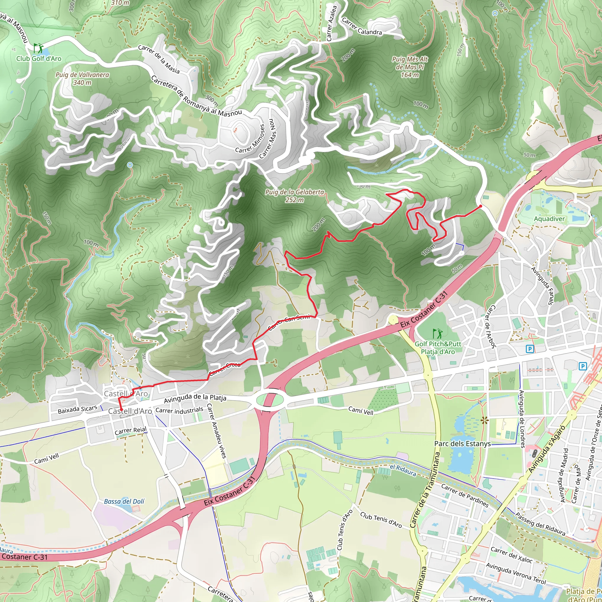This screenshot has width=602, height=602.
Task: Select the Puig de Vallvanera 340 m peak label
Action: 82,78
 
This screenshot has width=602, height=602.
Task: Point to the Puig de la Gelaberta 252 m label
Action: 295,196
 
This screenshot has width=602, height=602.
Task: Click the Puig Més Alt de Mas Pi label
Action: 410,67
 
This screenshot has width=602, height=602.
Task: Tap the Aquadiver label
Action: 549,219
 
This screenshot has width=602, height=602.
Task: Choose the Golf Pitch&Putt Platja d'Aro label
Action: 438,348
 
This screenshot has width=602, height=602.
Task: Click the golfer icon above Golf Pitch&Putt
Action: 438,334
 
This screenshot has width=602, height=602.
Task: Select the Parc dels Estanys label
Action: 462,444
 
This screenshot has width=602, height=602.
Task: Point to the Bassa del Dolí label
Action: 124,501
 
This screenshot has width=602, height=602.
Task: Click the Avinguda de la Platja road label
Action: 195,398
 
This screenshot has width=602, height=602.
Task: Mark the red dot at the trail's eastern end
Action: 481,206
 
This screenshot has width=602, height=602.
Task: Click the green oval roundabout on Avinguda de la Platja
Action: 270,399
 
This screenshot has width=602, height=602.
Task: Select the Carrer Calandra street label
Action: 362,26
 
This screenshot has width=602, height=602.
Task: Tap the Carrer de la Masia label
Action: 159,59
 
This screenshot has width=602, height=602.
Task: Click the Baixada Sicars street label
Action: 78,409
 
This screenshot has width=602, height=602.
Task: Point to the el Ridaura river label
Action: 403,471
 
